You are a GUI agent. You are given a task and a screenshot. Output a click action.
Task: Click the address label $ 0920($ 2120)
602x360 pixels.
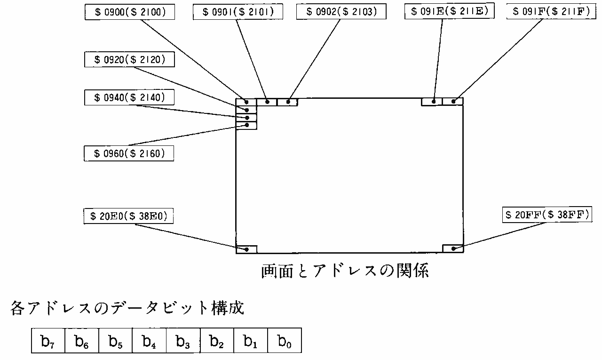point(128,60)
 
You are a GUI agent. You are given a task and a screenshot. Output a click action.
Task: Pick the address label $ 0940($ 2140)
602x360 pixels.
point(128,97)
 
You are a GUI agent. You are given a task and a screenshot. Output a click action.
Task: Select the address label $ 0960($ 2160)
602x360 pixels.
point(128,153)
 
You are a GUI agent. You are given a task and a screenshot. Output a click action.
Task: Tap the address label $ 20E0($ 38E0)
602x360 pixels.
point(128,216)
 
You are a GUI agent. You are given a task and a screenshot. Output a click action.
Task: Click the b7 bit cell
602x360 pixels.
point(48,341)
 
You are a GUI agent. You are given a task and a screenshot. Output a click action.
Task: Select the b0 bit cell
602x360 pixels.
point(284,341)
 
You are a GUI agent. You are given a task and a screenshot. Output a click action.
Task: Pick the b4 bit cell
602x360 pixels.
point(149,341)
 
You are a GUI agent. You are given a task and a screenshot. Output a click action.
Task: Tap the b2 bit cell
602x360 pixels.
point(217,341)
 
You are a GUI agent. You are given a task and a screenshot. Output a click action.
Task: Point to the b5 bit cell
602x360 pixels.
point(115,341)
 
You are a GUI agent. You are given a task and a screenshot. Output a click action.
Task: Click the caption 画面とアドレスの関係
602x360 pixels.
point(345,272)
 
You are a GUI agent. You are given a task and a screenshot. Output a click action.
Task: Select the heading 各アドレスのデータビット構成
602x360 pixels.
point(127,309)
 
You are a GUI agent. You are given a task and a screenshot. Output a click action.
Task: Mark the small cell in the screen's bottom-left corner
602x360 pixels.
point(246,249)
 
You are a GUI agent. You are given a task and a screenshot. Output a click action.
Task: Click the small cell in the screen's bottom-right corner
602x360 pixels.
point(453,249)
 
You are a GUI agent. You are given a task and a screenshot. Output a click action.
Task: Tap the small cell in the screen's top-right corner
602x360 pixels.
point(453,101)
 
